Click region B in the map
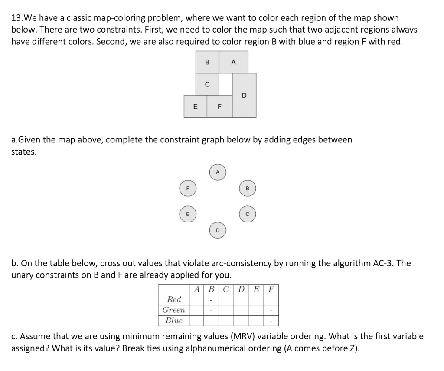[207, 62]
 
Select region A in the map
[233, 62]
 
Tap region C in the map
[207, 84]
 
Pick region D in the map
[244, 95]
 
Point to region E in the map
[195, 106]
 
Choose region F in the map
[219, 106]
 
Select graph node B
[248, 189]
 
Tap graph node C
[248, 214]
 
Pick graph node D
[218, 230]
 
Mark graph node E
[188, 214]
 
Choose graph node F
[188, 189]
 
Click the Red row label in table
[174, 299]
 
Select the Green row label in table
[174, 310]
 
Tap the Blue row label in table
[174, 321]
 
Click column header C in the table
[226, 289]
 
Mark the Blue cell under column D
[241, 321]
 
